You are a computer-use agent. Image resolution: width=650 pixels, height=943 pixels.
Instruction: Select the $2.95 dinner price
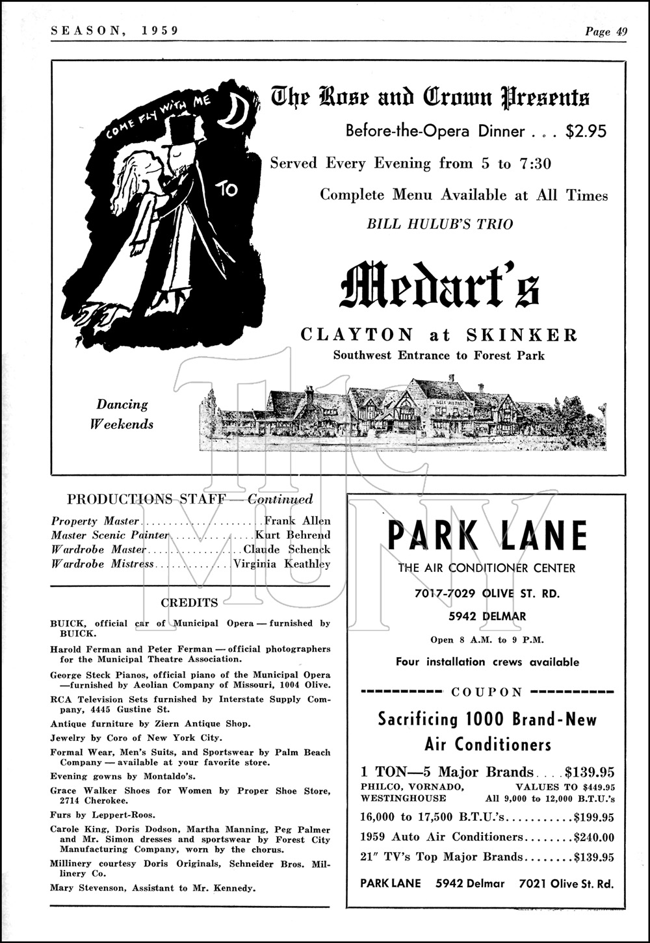click(x=586, y=131)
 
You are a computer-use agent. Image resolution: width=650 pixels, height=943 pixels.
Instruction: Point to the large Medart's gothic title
click(x=441, y=286)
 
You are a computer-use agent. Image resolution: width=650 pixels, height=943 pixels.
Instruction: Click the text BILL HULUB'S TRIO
click(x=440, y=224)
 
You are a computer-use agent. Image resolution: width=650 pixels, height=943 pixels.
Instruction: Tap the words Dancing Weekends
click(x=122, y=414)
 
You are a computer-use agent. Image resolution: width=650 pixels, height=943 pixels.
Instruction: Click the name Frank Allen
click(x=298, y=521)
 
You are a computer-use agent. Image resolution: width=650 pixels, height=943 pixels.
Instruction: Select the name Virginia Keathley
click(x=281, y=564)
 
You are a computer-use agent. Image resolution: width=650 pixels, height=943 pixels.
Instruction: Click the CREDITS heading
click(x=190, y=602)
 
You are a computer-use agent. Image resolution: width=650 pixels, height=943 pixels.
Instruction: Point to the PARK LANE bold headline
click(x=487, y=536)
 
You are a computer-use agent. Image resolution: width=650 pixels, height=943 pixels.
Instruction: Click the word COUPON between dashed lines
click(x=487, y=692)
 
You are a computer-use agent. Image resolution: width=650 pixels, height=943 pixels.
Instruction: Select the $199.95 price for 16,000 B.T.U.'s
click(x=593, y=818)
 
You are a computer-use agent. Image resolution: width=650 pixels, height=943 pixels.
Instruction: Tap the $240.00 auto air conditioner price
click(x=593, y=837)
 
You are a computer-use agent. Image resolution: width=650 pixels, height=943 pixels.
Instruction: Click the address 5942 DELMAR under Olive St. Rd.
click(x=487, y=616)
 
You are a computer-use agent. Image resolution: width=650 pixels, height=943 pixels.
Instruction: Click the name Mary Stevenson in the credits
click(x=84, y=888)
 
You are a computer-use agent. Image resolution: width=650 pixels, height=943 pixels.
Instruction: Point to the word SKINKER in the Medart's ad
click(x=522, y=335)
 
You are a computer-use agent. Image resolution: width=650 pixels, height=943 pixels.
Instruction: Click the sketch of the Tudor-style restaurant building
click(x=403, y=416)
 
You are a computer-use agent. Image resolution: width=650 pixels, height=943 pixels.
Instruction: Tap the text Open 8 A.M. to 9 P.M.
click(x=487, y=639)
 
